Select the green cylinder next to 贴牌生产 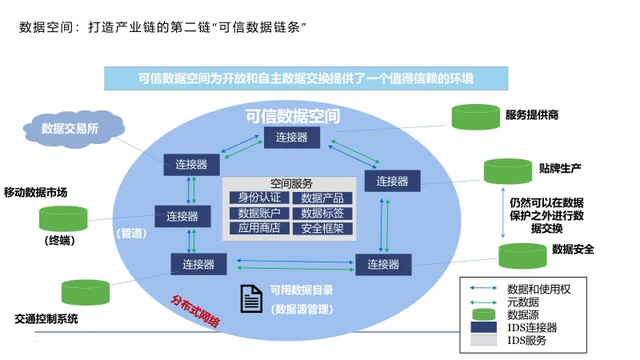[507, 170]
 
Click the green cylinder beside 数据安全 [522, 255]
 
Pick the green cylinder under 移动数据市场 [63, 218]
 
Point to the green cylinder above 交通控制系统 [86, 292]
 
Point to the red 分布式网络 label [195, 311]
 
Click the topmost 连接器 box [291, 138]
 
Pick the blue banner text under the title [306, 78]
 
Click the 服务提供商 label [532, 115]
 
